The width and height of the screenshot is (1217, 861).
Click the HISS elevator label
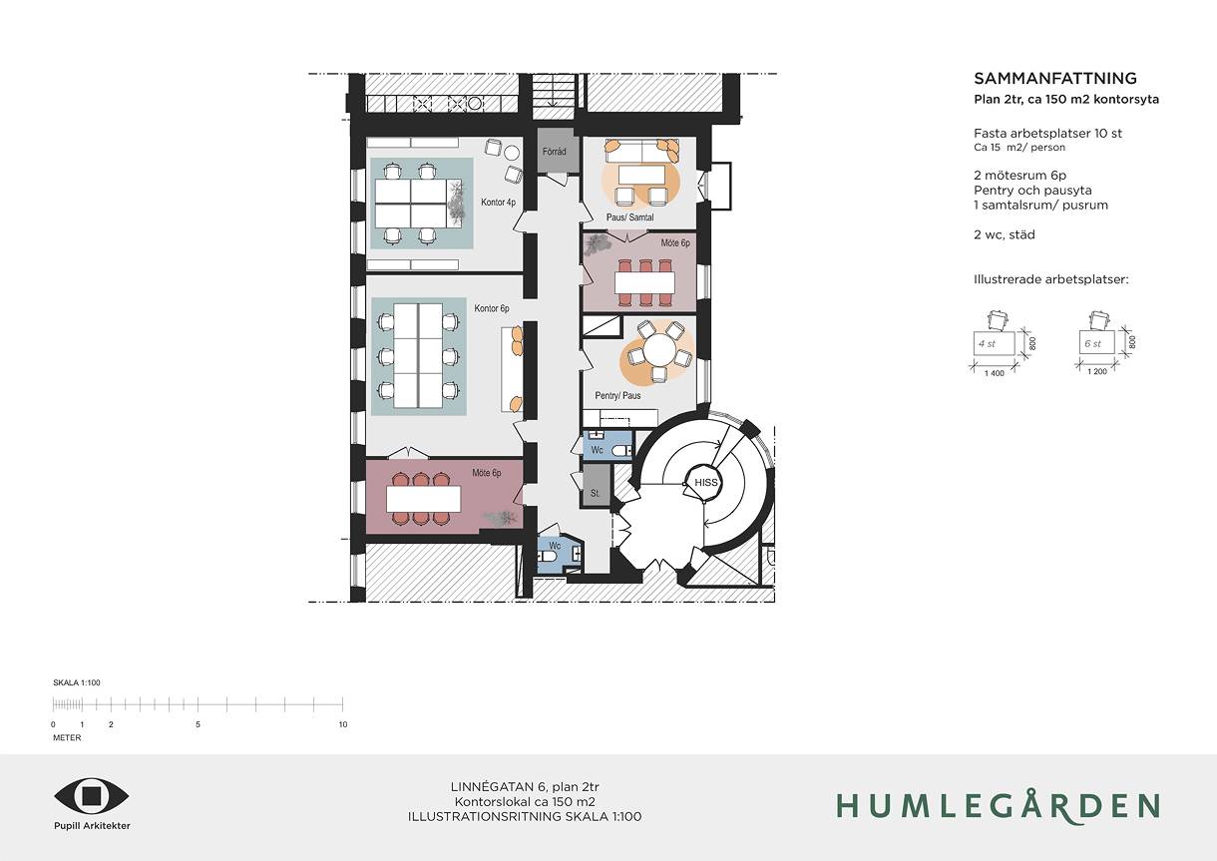coord(705,482)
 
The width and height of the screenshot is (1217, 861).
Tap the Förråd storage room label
coord(555,152)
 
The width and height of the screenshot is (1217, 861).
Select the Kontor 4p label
coord(498,203)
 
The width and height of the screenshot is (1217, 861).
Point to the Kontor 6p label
coord(492,308)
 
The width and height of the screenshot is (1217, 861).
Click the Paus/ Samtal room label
coord(630,217)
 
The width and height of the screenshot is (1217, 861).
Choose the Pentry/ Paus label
coord(617,395)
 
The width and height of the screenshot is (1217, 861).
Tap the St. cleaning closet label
coord(595,493)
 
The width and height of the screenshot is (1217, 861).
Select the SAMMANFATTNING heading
coord(1055,79)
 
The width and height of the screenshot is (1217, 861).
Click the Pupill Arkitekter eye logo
coord(92,796)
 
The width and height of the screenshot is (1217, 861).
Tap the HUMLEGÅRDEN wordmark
coord(999,805)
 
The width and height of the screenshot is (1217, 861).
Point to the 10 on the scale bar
coord(343,724)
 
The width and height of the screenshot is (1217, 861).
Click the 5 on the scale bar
coord(198,724)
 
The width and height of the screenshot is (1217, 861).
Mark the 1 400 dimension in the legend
coord(995,373)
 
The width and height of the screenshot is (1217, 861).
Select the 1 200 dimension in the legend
coord(1097,371)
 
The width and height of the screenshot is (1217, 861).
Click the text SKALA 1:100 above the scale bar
coord(77,682)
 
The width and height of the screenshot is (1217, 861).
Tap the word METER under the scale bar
coord(67,737)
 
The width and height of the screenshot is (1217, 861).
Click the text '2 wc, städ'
coord(1004,234)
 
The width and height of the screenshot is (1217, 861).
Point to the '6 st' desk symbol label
coord(1092,343)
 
